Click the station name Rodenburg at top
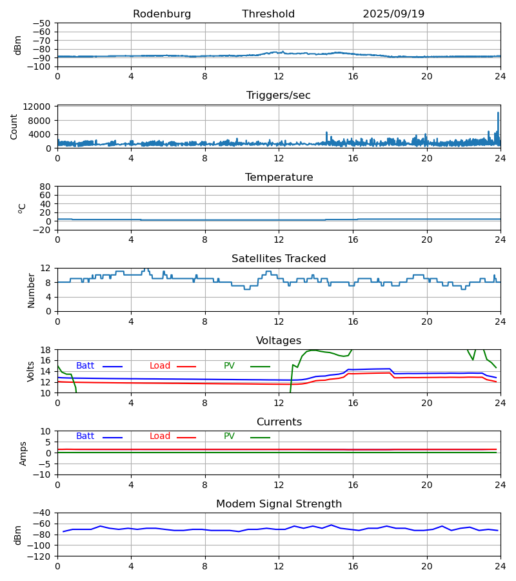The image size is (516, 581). pos(162,14)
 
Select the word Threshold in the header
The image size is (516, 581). pos(268,14)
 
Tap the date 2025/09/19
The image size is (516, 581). pos(393,14)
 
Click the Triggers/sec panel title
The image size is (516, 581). pos(279,96)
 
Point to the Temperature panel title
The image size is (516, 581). pos(279,178)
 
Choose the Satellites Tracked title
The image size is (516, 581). pos(279,259)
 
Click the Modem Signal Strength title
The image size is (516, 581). pos(279,504)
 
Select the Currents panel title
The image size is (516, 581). pos(279,422)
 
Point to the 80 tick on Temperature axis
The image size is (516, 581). pos(45,187)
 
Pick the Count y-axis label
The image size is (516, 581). pos(14,127)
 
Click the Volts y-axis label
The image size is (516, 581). pos(31,371)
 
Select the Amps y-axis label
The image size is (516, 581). pos(23,453)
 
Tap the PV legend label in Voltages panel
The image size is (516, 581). pos(229,366)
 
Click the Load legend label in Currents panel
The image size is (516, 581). pos(160,436)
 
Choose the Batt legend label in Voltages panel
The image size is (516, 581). pos(85,366)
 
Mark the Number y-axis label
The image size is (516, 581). pos(31,290)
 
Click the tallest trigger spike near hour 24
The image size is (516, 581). pos(498,114)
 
